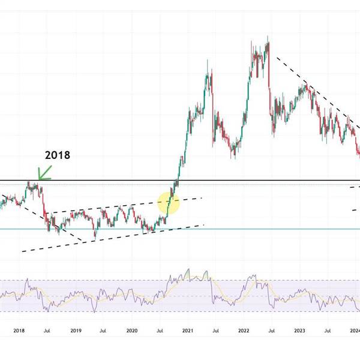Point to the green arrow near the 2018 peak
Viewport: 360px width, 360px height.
pos(44,173)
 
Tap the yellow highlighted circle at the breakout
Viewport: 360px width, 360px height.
pos(169,203)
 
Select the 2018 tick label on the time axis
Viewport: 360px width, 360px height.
pos(19,330)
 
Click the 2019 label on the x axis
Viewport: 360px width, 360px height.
pos(76,330)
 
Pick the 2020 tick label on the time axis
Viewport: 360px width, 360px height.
pos(132,330)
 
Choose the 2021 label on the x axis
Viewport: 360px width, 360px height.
pos(188,330)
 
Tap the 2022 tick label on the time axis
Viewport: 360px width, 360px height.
pos(244,330)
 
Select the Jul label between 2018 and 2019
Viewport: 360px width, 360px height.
pos(47,330)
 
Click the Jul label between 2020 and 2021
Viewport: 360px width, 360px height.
pos(160,330)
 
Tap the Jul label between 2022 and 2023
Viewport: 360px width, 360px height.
pos(271,330)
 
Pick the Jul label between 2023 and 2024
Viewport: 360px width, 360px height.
pos(328,330)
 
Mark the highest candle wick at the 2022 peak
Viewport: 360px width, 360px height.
pos(268,38)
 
